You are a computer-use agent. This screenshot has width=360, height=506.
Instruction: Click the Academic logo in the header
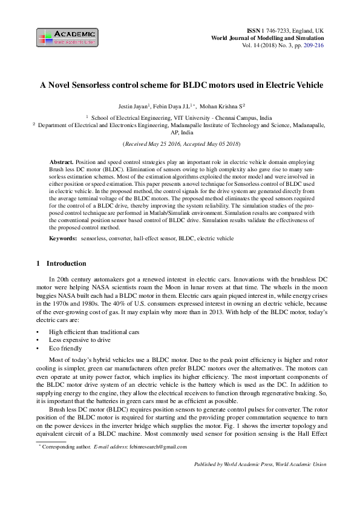pos(66,38)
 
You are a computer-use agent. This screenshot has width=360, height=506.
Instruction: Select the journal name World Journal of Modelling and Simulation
pos(267,38)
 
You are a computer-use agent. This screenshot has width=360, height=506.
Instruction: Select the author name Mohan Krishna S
pos(222,105)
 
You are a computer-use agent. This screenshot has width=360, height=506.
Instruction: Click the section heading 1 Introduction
pos(62,264)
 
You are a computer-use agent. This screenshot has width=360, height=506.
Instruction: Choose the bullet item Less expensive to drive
pos(77,341)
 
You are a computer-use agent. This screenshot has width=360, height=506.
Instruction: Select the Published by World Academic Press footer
pos(260,464)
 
